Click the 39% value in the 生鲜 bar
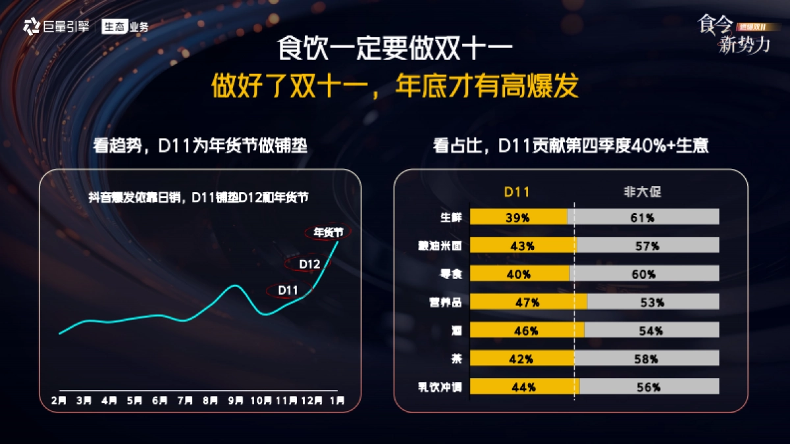517,218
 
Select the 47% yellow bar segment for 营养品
529,303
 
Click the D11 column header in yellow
517,192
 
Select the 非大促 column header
642,192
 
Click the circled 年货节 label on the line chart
328,232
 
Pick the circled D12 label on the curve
309,264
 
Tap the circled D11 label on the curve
288,290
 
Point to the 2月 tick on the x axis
59,400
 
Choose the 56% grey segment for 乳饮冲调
648,387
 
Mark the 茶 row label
456,359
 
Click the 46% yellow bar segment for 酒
527,331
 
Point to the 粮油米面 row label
440,246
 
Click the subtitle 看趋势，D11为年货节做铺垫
199,146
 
